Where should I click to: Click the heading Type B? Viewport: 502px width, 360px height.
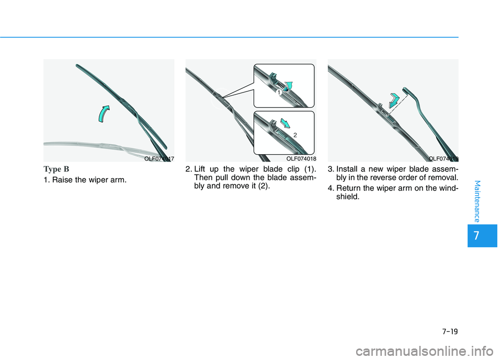pos(56,169)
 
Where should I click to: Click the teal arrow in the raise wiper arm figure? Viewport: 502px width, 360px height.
pos(103,114)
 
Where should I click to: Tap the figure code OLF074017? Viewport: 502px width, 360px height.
pos(159,159)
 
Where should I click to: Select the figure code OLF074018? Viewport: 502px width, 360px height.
pos(301,159)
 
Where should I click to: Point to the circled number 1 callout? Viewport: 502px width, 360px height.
pos(279,92)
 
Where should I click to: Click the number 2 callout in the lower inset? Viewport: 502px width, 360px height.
pos(295,135)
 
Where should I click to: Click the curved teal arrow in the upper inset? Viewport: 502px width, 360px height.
pos(289,86)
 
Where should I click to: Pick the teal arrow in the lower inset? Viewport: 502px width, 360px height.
pos(285,123)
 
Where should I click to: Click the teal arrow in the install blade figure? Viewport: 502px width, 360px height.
pos(394,100)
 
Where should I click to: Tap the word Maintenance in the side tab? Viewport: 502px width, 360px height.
pos(477,201)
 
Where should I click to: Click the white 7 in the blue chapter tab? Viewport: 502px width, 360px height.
pos(477,236)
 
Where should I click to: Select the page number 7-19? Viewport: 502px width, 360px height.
pos(450,331)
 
